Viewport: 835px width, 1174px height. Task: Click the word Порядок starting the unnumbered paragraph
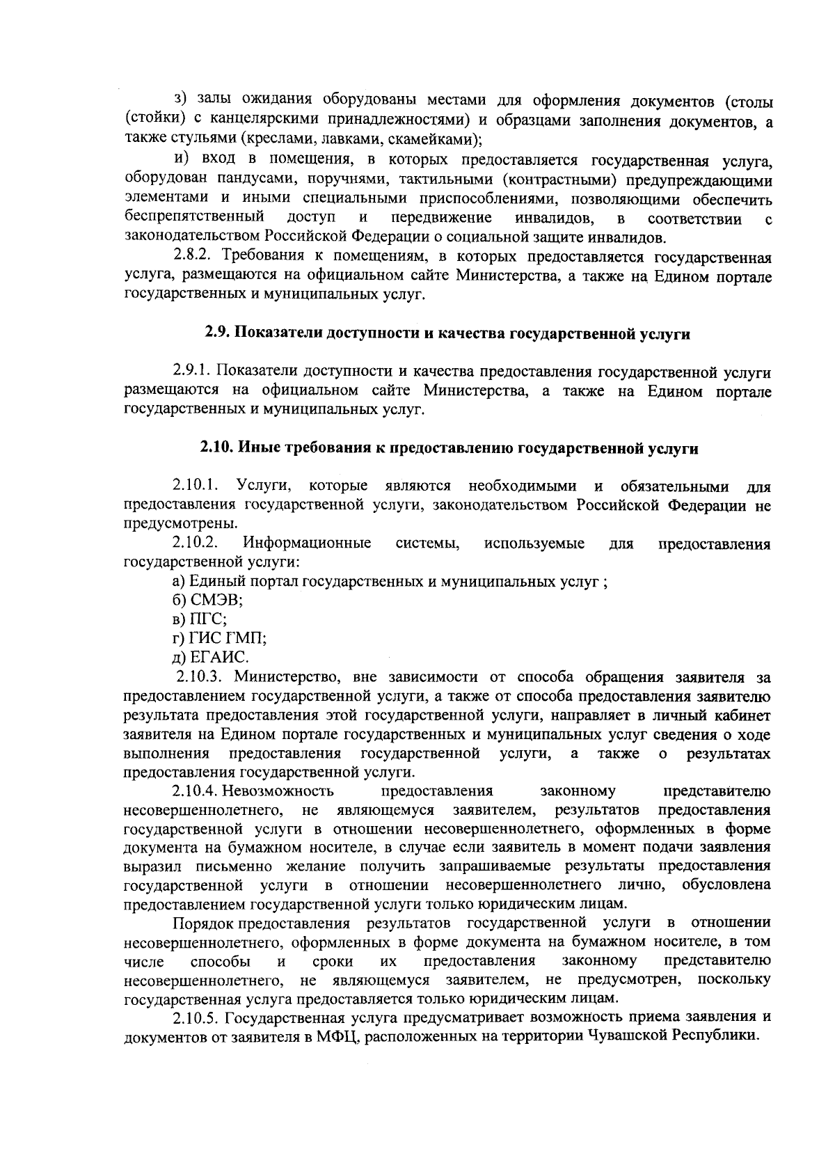[203, 923]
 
